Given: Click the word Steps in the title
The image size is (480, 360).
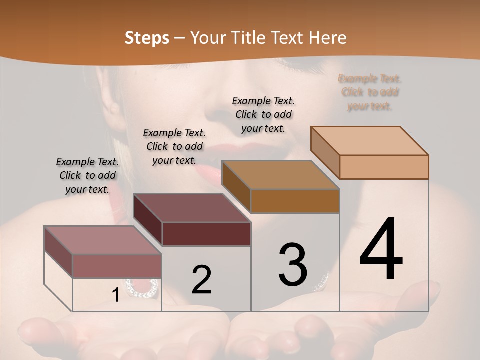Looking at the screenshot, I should point(147,38).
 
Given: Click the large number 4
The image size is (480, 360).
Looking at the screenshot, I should point(381,250).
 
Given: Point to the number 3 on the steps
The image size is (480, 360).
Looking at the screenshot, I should point(293,265).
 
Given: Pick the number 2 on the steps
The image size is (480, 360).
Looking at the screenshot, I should point(201,280).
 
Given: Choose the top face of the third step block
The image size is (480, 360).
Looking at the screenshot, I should point(280,175).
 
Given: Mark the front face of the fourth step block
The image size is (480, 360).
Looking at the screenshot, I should point(384,167).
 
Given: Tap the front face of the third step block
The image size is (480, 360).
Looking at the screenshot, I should point(295,201).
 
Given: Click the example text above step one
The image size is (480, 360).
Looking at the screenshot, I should point(87,175).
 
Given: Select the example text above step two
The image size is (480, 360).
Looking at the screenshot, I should point(174,146).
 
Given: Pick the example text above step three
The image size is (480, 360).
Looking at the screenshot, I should point(263,114).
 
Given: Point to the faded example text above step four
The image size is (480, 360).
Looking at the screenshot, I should point(370,92).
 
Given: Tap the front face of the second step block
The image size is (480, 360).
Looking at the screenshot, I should point(206,234).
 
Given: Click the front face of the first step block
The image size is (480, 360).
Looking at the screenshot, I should point(117,266).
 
